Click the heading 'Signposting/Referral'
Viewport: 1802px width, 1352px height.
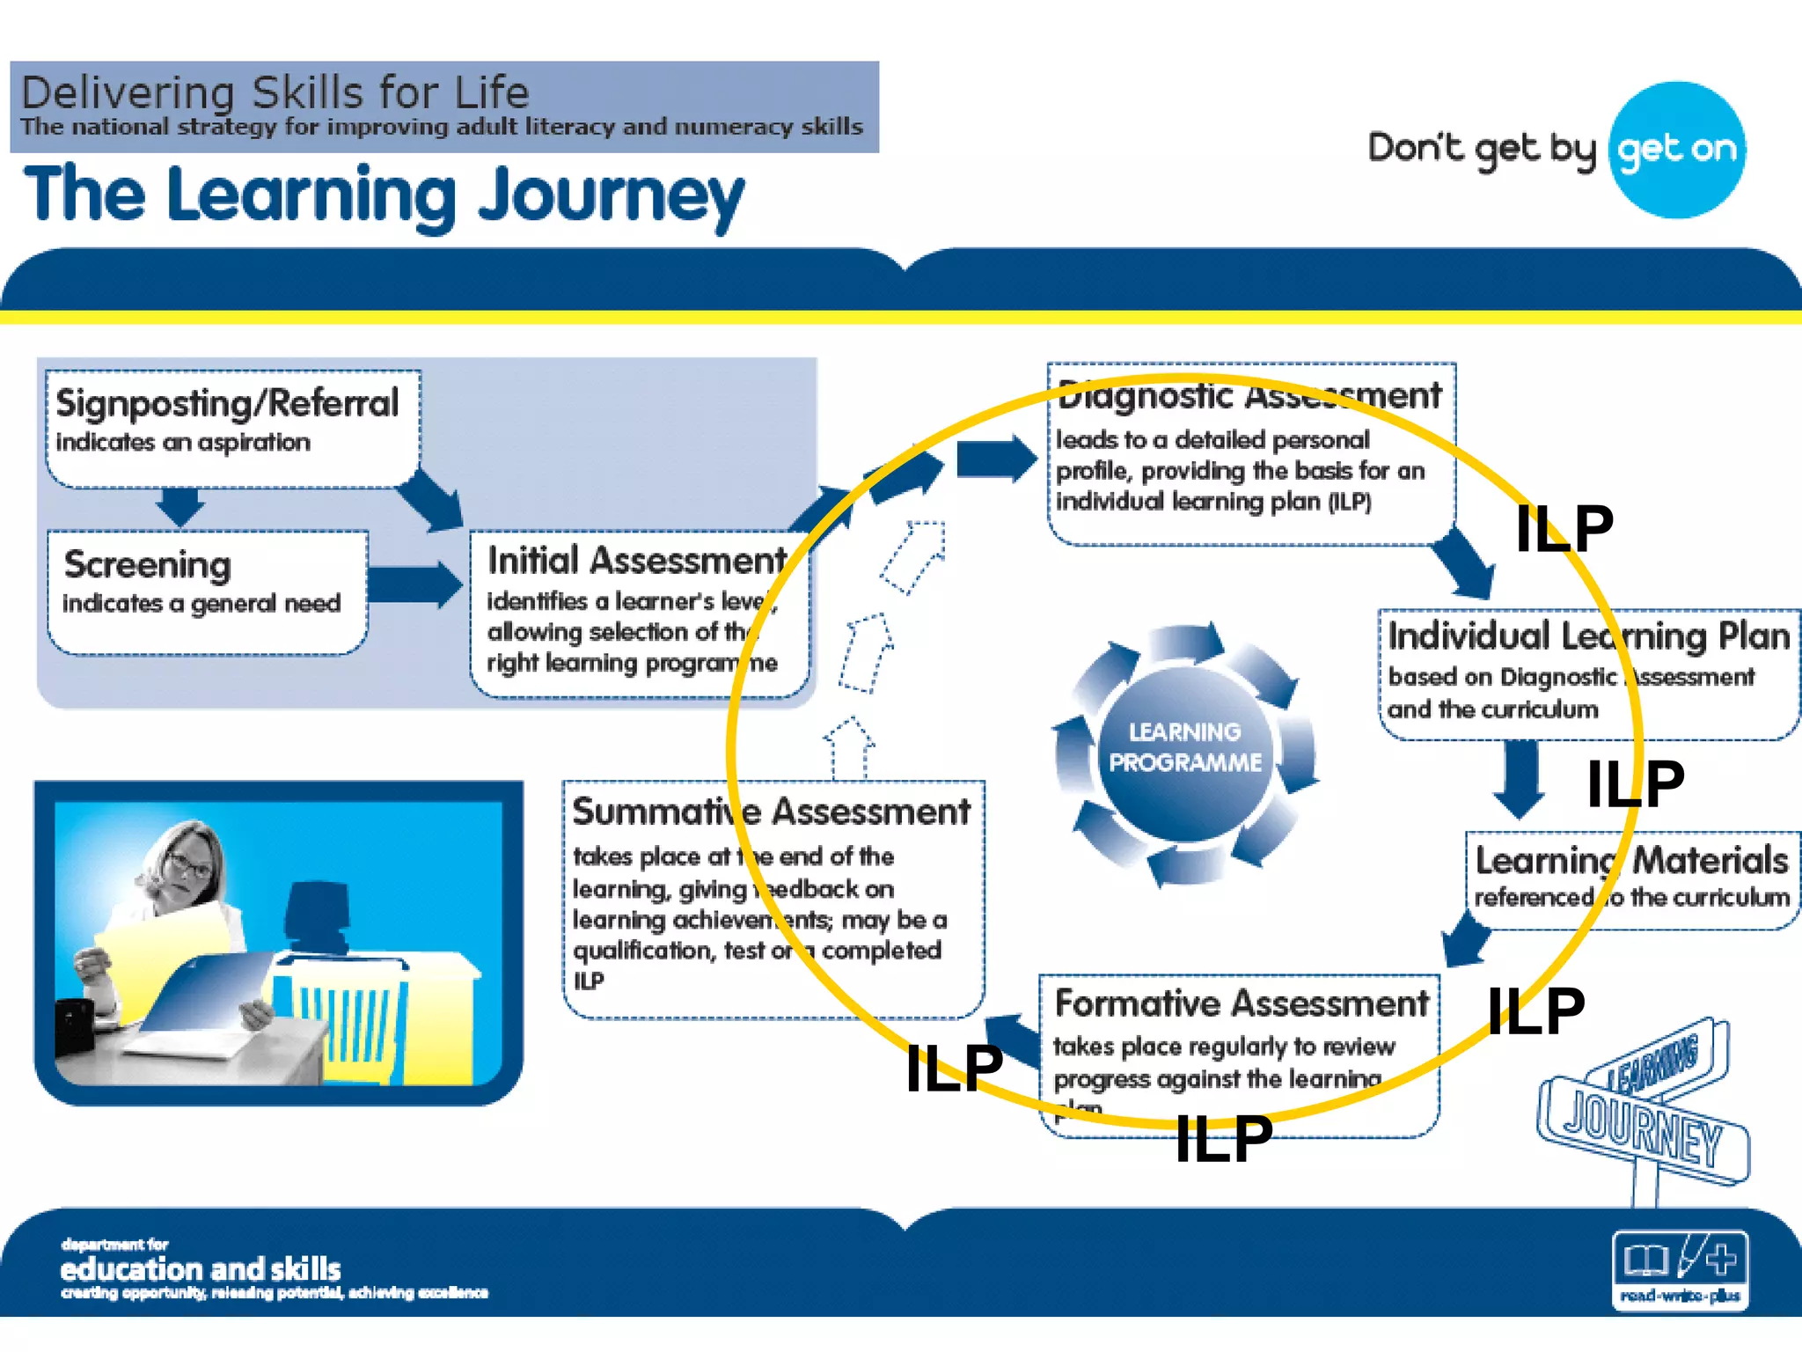pos(227,403)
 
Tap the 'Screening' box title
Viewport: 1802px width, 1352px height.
pos(148,564)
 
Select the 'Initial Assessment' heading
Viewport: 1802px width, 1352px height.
pos(637,560)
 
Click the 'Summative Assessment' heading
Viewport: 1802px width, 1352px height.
pos(771,812)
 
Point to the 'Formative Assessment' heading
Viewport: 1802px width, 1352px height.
pos(1242,1003)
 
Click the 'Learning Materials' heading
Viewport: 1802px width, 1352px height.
pos(1631,860)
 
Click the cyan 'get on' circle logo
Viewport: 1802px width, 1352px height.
pos(1677,150)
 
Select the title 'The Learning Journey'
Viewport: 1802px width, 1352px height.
pos(384,195)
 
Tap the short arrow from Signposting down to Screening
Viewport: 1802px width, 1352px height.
pos(180,505)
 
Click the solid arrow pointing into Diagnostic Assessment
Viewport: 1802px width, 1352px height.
pos(995,459)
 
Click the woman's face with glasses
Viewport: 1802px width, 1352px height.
pos(187,863)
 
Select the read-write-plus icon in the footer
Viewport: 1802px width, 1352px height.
pos(1680,1268)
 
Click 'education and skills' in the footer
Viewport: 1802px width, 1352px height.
pos(201,1269)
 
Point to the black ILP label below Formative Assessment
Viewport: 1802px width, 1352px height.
pos(1224,1139)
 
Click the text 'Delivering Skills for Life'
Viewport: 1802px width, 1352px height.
pos(275,92)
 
